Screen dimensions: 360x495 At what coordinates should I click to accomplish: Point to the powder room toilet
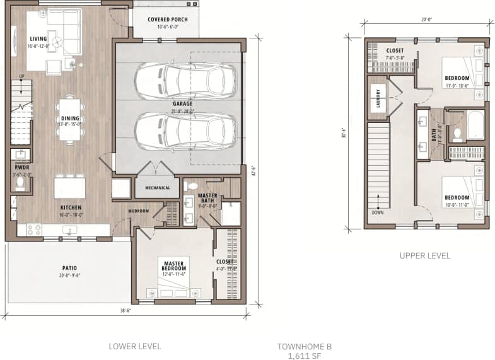20,182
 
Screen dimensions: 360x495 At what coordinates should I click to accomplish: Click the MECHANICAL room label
157,187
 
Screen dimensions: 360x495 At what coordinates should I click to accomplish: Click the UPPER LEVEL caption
425,256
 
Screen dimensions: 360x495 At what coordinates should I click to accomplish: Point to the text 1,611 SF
304,355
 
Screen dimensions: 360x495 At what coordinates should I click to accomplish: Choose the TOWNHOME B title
304,346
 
